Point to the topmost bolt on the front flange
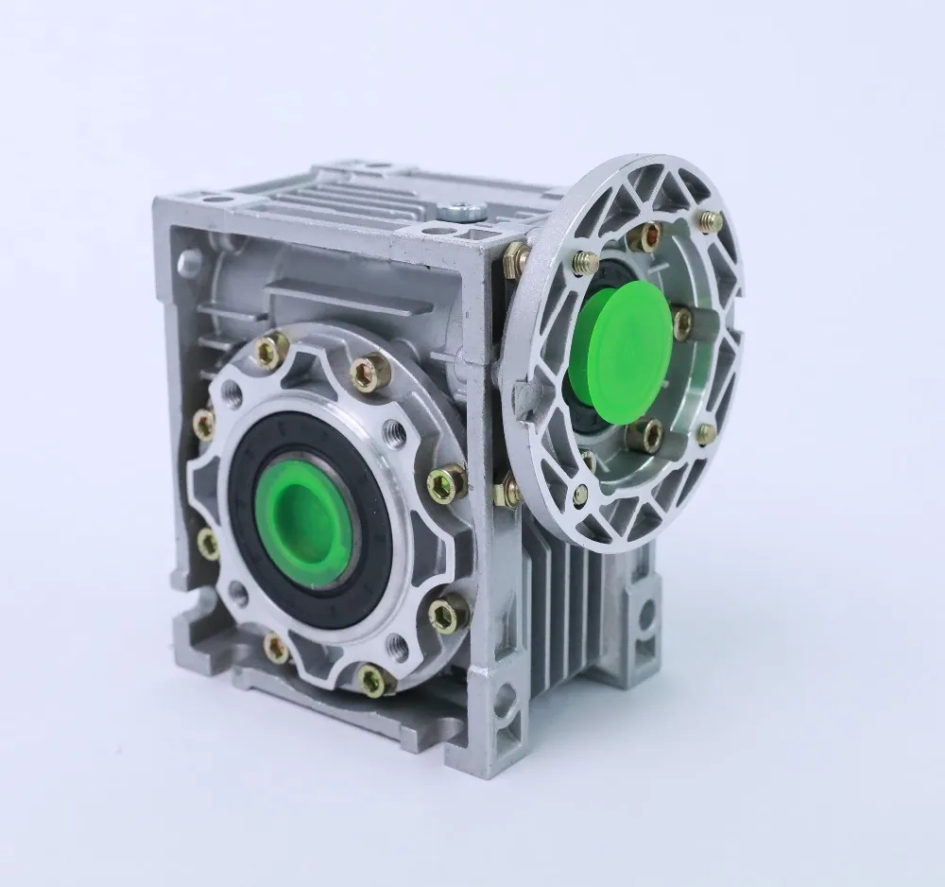272,352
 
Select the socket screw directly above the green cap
646,237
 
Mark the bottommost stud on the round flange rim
581,494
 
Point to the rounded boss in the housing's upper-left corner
190,256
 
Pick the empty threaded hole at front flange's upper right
396,434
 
